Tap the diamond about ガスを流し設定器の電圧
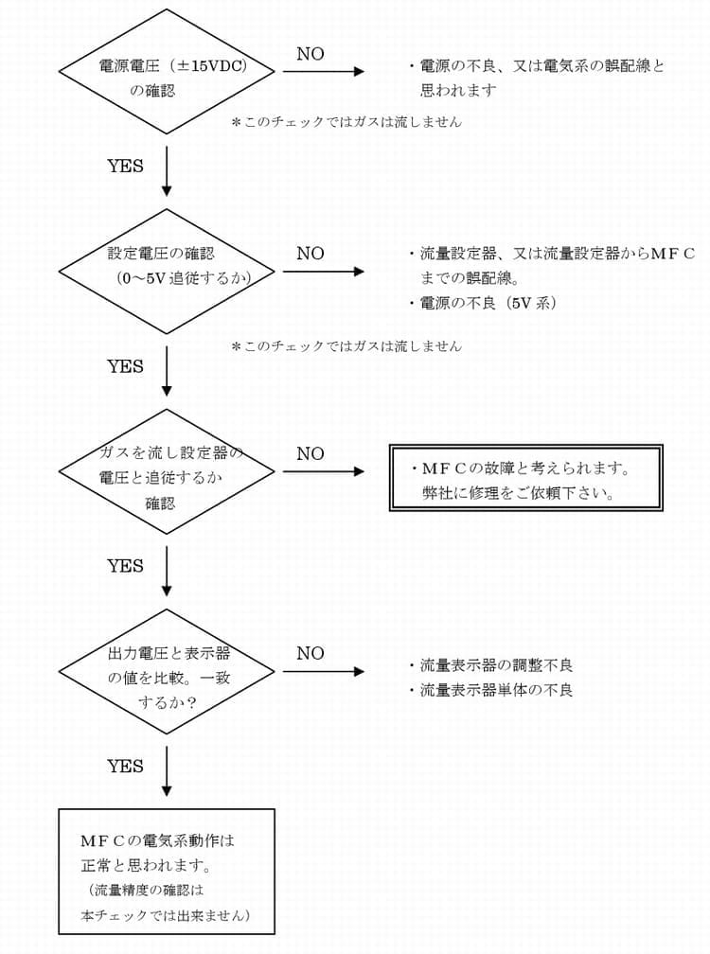(167, 471)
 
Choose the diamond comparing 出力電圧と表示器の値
(167, 671)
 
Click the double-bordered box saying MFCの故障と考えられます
(526, 478)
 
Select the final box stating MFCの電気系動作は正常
(167, 871)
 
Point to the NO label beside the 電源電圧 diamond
(310, 54)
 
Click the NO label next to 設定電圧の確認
(310, 254)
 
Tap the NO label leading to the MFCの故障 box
(310, 453)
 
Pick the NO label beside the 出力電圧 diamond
(310, 653)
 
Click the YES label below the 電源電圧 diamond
(125, 167)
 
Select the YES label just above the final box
(125, 766)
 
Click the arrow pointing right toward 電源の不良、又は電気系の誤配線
(323, 72)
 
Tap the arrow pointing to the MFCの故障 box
(323, 471)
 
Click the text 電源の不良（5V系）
(488, 303)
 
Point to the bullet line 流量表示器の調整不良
(496, 666)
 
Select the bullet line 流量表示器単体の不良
(496, 690)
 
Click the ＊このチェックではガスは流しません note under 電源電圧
(346, 122)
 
